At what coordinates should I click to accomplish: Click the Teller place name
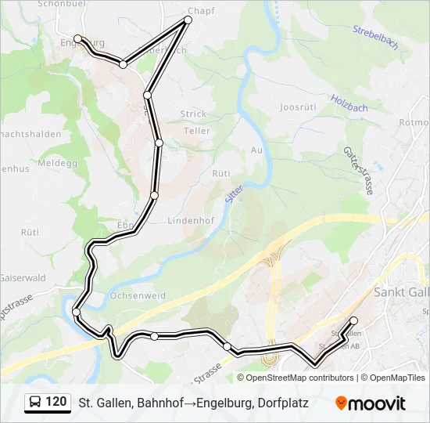tap(196, 131)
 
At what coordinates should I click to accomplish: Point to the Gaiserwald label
tap(23, 277)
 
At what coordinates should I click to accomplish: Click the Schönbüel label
tap(60, 4)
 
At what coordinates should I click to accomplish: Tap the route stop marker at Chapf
tap(188, 20)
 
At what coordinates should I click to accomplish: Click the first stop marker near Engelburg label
tap(77, 38)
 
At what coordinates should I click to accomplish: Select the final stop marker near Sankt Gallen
tap(353, 320)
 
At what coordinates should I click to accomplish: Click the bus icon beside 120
tap(36, 403)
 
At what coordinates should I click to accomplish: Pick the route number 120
tap(56, 402)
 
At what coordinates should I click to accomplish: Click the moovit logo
tap(371, 403)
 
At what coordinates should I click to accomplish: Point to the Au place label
tap(256, 150)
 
